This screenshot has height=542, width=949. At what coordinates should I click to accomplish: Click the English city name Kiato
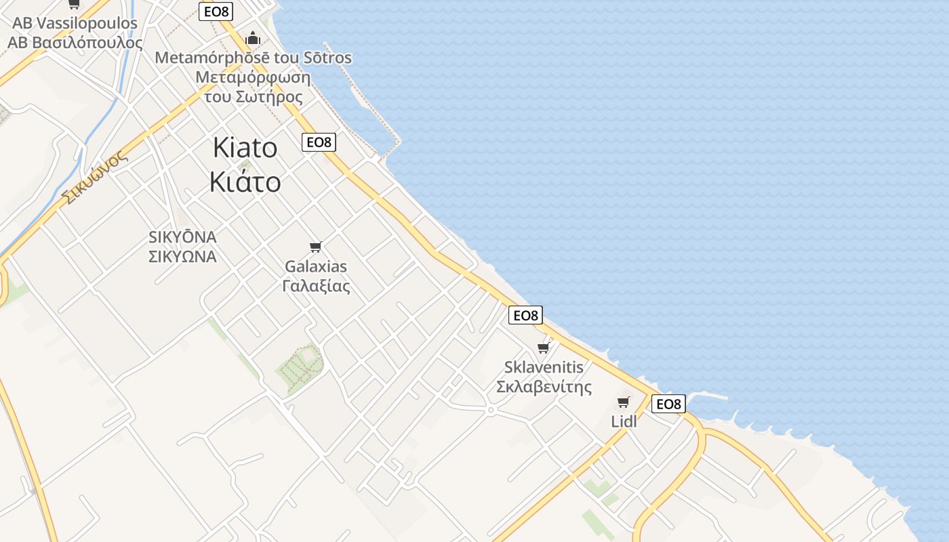[245, 148]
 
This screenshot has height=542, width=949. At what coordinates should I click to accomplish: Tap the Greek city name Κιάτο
[245, 182]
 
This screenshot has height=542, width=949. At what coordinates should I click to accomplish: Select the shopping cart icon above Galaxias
[315, 247]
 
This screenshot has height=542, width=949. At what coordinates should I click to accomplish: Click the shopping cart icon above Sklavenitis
[542, 348]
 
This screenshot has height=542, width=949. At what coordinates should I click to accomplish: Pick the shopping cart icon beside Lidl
[624, 402]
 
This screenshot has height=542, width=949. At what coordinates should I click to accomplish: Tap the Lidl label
[624, 421]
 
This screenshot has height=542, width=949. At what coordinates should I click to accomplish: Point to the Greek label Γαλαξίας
[316, 286]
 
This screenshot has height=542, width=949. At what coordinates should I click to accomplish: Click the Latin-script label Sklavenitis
[544, 367]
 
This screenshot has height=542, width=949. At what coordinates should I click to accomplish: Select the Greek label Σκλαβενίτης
[544, 387]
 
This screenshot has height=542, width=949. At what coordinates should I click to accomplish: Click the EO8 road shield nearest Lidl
[668, 404]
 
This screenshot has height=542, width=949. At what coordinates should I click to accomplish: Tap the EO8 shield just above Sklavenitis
[525, 315]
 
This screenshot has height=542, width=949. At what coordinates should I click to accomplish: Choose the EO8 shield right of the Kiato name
[319, 142]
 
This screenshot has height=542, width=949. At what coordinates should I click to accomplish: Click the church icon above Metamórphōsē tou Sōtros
[253, 38]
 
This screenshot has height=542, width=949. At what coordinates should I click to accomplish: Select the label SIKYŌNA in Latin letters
[182, 237]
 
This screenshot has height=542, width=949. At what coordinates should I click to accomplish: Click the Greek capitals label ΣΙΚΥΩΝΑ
[182, 257]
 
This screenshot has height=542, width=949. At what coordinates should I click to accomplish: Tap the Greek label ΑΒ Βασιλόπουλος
[75, 42]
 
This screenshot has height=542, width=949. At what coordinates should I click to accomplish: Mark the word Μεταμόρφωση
[253, 77]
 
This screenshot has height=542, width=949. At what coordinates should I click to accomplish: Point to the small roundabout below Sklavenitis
[490, 410]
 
